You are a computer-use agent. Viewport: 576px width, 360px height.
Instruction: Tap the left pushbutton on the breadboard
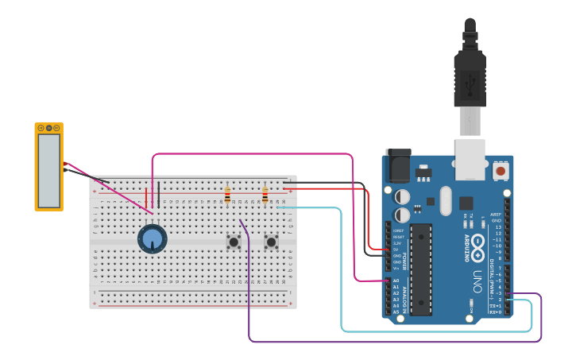click(x=234, y=242)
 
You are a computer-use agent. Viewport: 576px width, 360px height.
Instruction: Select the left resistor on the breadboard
click(x=227, y=195)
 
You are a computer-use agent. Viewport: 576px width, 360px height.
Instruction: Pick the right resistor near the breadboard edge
click(x=265, y=195)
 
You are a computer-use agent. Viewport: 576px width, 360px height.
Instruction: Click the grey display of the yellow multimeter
click(x=48, y=168)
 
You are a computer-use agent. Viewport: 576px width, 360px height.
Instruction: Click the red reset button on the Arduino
click(x=501, y=170)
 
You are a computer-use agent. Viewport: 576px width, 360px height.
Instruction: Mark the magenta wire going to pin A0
click(x=352, y=215)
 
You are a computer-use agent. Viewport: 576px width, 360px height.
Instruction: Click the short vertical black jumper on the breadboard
click(x=158, y=195)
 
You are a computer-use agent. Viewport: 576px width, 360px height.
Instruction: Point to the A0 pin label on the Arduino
click(x=396, y=281)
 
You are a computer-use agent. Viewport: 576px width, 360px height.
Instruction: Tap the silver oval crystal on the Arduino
click(x=445, y=201)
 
